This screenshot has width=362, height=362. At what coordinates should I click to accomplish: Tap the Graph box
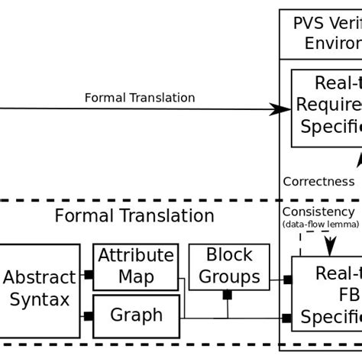(x=136, y=315)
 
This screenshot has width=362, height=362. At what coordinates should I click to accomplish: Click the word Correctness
(x=318, y=182)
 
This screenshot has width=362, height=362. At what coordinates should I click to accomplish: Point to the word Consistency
(x=318, y=212)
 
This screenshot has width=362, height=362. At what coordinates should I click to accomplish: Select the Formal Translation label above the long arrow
(x=140, y=98)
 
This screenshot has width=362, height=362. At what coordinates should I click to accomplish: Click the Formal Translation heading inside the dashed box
(x=134, y=216)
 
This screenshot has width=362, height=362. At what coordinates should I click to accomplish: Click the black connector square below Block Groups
(x=227, y=295)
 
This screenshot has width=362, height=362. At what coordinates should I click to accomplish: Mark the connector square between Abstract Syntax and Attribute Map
(x=89, y=274)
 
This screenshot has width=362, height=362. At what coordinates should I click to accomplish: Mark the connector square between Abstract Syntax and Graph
(x=89, y=316)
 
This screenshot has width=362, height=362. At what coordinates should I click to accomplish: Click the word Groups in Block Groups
(x=229, y=277)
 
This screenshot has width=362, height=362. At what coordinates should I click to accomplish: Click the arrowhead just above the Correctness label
(x=356, y=159)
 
